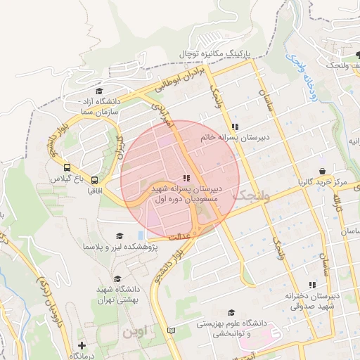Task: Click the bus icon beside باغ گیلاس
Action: (x=67, y=168)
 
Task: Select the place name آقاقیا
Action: (x=95, y=191)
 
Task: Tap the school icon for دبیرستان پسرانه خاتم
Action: (x=235, y=127)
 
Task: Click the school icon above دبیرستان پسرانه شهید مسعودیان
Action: (x=186, y=179)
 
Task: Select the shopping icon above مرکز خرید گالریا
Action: (x=322, y=171)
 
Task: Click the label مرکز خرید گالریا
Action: (x=321, y=182)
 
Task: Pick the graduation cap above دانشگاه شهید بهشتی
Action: (x=117, y=278)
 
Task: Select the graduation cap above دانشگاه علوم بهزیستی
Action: (x=231, y=312)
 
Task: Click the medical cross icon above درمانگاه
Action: (x=82, y=345)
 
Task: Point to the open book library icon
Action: (x=172, y=330)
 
